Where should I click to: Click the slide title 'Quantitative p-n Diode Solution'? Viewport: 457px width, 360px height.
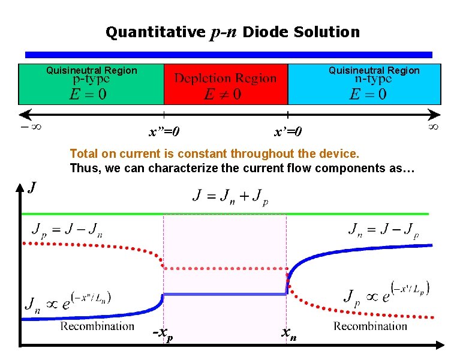point(233,32)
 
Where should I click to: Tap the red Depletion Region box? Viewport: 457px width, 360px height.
point(226,85)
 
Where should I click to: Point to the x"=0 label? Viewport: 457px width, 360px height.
point(165,131)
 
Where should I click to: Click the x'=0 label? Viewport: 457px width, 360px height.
point(288,131)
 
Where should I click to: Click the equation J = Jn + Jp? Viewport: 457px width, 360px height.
point(230,196)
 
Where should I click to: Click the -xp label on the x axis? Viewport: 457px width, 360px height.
point(163,334)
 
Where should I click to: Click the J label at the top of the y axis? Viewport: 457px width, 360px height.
point(32,188)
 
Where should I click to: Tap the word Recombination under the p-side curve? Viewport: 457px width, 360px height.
point(97,326)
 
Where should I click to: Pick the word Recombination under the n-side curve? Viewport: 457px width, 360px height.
point(371,326)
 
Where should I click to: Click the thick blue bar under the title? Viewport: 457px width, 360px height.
point(228,55)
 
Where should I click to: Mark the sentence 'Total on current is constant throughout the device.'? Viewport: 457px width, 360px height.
point(215,154)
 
